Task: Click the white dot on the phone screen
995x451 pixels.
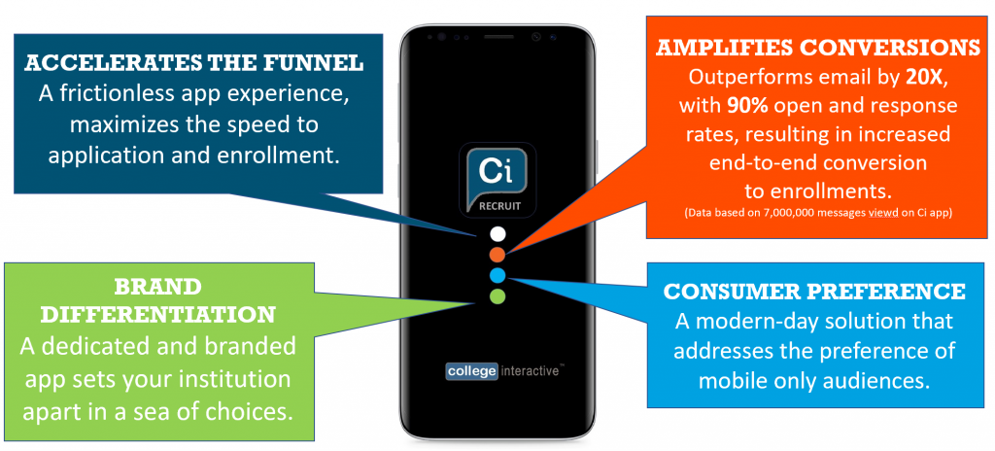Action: [x=497, y=234]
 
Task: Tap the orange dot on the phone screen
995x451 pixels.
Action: [x=497, y=255]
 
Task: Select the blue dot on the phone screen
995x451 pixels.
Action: [x=497, y=275]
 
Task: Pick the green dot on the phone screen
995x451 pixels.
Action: [x=497, y=295]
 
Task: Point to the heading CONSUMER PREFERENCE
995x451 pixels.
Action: [x=814, y=292]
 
